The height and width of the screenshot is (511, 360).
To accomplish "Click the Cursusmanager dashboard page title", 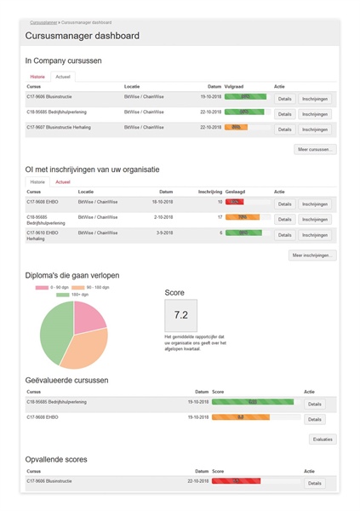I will tap(83, 36).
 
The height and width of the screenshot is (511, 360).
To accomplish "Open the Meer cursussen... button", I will tap(315, 149).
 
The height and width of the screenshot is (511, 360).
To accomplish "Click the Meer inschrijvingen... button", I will tap(312, 255).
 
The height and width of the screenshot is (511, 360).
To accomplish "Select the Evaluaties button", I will tap(323, 439).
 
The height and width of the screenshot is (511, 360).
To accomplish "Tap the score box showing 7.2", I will tap(180, 315).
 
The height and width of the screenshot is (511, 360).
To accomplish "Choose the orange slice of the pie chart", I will tap(85, 346).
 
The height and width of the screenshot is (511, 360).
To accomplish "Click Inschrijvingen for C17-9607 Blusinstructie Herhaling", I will tap(315, 129).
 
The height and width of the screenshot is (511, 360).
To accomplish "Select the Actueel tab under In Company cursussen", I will tap(64, 77).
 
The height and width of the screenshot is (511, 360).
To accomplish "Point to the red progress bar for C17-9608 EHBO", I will tap(234, 203).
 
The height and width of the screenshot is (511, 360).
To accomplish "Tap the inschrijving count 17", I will tap(220, 218).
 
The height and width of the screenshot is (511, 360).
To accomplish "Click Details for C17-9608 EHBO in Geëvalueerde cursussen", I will tap(314, 419).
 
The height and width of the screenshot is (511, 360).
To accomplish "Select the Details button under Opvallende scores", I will tap(314, 483).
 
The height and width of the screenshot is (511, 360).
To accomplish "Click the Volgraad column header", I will tap(235, 86).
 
